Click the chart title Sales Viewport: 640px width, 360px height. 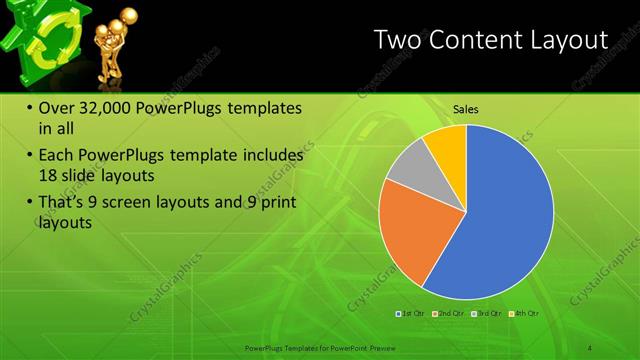click(x=465, y=108)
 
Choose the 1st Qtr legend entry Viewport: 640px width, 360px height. click(x=412, y=314)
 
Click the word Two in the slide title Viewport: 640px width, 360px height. click(x=397, y=40)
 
